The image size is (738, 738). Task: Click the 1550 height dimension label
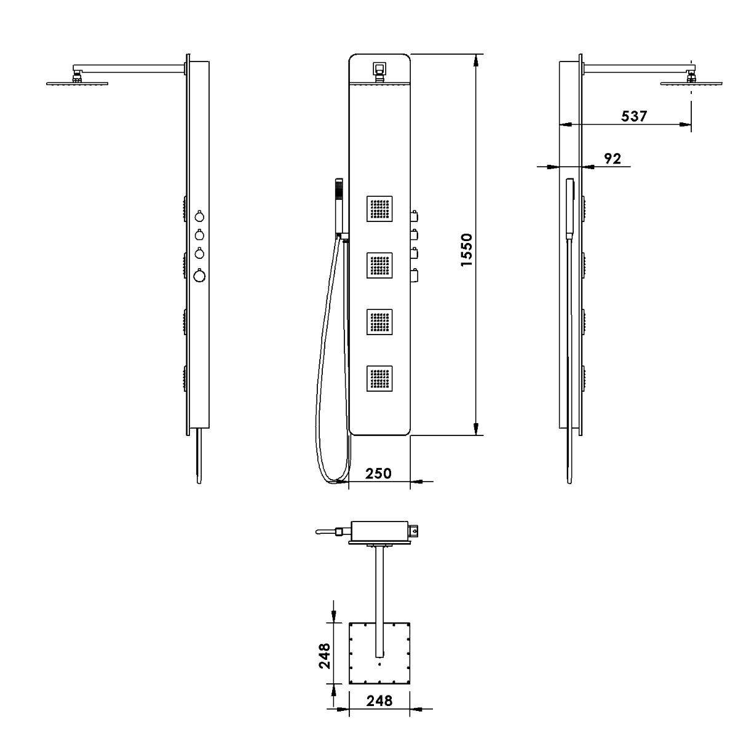point(466,250)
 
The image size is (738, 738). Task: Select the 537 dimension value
point(634,116)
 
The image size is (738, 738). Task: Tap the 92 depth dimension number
point(613,159)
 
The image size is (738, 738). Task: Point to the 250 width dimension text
point(378,474)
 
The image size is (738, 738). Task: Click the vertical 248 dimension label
point(324,656)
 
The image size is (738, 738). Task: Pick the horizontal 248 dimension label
point(379,701)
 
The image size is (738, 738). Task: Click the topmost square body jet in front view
point(379,208)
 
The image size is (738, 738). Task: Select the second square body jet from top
point(379,265)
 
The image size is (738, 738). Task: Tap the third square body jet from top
point(379,322)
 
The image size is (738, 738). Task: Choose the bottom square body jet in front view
point(379,378)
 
